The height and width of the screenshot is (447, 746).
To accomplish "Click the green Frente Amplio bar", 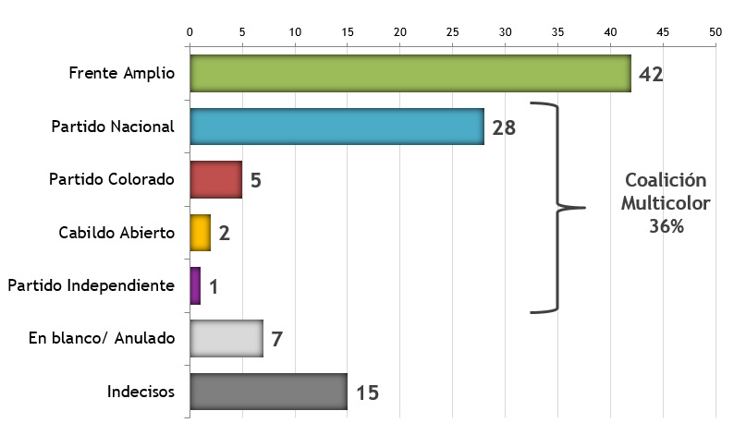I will pyautogui.click(x=410, y=74).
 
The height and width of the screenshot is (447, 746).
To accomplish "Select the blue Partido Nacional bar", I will pyautogui.click(x=336, y=127).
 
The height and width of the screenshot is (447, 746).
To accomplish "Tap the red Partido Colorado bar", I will pyautogui.click(x=215, y=179).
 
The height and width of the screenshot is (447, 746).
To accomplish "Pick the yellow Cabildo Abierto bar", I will pyautogui.click(x=200, y=232).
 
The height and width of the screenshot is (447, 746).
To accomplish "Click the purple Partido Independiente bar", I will pyautogui.click(x=195, y=285).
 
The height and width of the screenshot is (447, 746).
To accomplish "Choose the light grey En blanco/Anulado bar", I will pyautogui.click(x=226, y=338).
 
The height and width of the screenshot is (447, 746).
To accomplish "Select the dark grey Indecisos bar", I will pyautogui.click(x=268, y=392).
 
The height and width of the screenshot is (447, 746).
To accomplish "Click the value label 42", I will pyautogui.click(x=651, y=74).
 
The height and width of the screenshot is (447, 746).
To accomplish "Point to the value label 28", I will pyautogui.click(x=504, y=127).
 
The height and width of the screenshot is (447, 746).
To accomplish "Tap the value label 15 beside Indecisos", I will pyautogui.click(x=367, y=393).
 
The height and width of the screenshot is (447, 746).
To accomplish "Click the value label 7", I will pyautogui.click(x=276, y=339).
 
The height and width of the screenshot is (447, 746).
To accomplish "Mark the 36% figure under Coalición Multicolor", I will pyautogui.click(x=666, y=226).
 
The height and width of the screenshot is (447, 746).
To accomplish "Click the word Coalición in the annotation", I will pyautogui.click(x=666, y=181).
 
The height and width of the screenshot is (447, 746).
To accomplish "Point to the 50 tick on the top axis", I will pyautogui.click(x=715, y=31).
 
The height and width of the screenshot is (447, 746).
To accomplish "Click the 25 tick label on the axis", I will pyautogui.click(x=453, y=31).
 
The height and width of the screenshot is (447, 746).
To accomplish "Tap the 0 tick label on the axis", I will pyautogui.click(x=190, y=31).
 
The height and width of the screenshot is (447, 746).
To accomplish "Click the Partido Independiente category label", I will pyautogui.click(x=91, y=285).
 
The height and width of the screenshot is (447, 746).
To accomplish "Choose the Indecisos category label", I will pyautogui.click(x=141, y=392).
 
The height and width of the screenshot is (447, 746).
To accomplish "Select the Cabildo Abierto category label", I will pyautogui.click(x=116, y=233).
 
